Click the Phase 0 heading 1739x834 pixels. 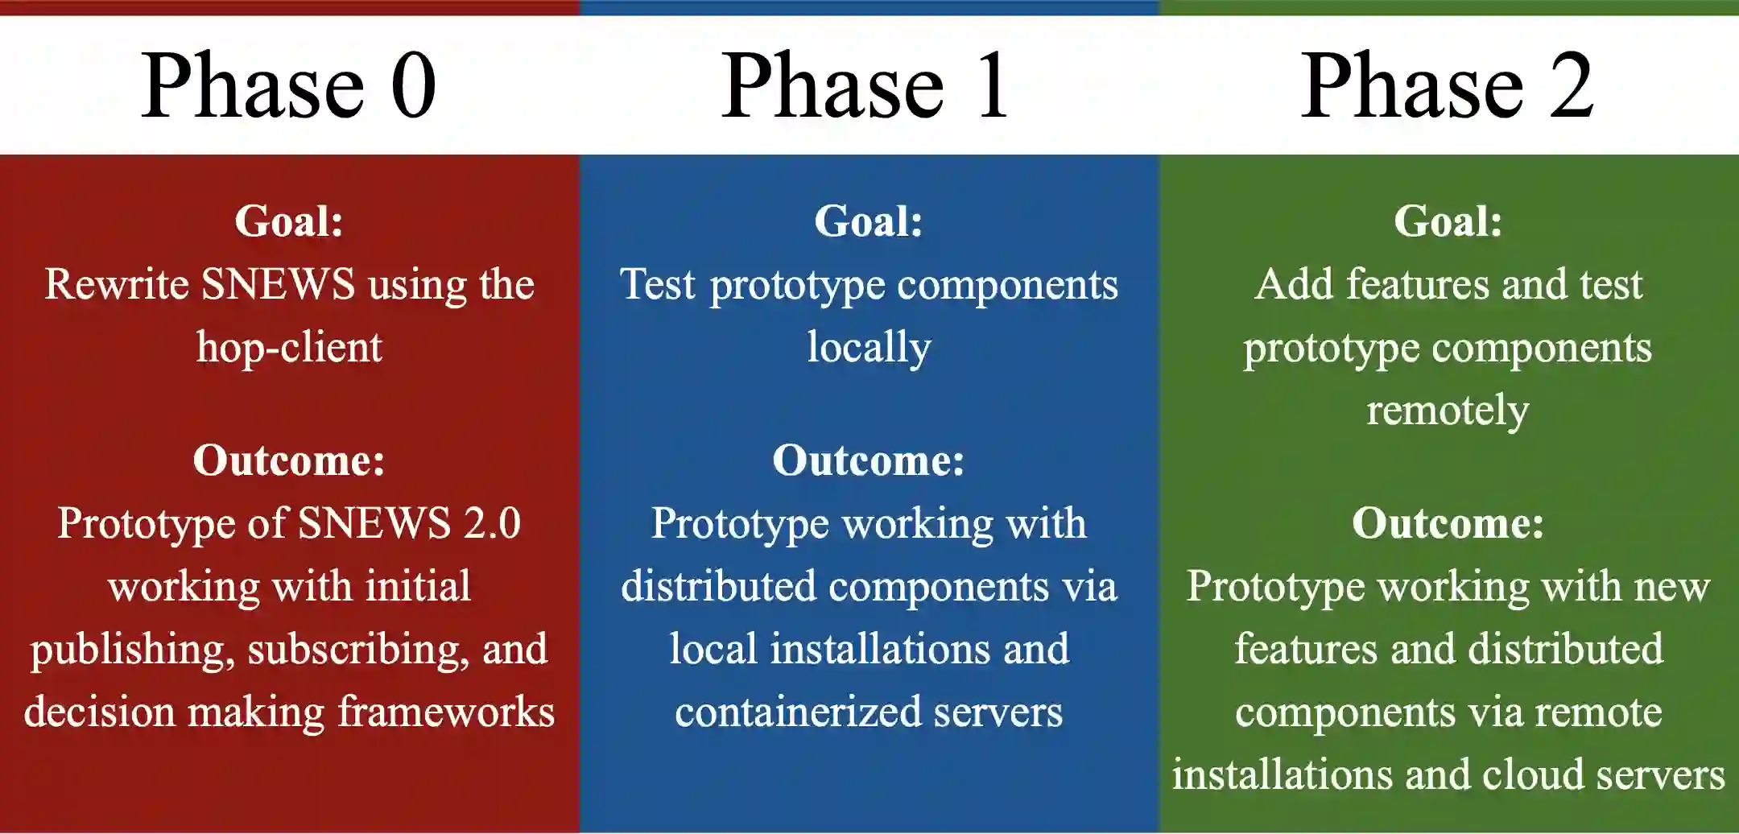(288, 85)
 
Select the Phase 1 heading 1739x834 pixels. (865, 85)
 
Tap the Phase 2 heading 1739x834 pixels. (1447, 85)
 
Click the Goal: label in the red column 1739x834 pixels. (289, 221)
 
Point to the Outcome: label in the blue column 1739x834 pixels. (869, 461)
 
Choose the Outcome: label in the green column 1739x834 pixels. (1448, 524)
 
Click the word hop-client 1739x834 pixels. (289, 348)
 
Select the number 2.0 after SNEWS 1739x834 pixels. (491, 524)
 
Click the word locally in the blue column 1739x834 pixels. (869, 348)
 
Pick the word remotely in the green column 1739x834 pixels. (1448, 411)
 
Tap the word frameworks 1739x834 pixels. (445, 712)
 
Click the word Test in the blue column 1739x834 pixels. (658, 285)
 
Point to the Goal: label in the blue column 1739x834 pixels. (869, 221)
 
